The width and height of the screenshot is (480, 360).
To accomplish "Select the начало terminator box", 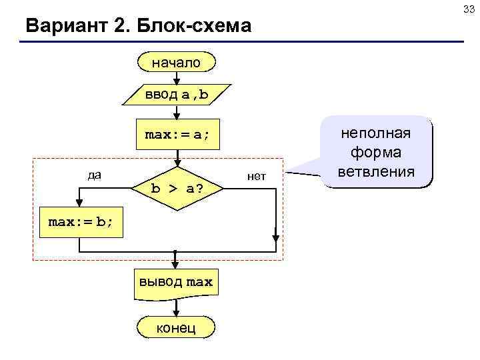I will (x=177, y=63).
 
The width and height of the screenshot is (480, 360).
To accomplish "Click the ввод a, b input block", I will (x=177, y=95).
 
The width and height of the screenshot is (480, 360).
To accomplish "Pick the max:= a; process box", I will (x=177, y=135).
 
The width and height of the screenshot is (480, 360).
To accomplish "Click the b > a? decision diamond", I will (x=177, y=189).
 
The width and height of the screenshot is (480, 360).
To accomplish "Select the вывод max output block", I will (x=176, y=282).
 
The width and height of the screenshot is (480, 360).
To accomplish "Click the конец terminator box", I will (x=177, y=327).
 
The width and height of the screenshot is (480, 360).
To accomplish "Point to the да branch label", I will (x=94, y=175).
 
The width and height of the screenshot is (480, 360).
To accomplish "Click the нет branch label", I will (x=256, y=176).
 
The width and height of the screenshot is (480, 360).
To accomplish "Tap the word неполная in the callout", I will (x=377, y=133).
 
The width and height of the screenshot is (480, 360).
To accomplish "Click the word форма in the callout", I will (x=377, y=153).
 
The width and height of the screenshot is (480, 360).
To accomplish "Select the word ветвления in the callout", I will (x=377, y=172).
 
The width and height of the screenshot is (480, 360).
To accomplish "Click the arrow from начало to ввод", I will (x=177, y=78).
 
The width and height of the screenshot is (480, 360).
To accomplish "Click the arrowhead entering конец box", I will (x=177, y=312).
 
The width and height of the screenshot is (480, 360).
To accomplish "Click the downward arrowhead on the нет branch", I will (x=275, y=235).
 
